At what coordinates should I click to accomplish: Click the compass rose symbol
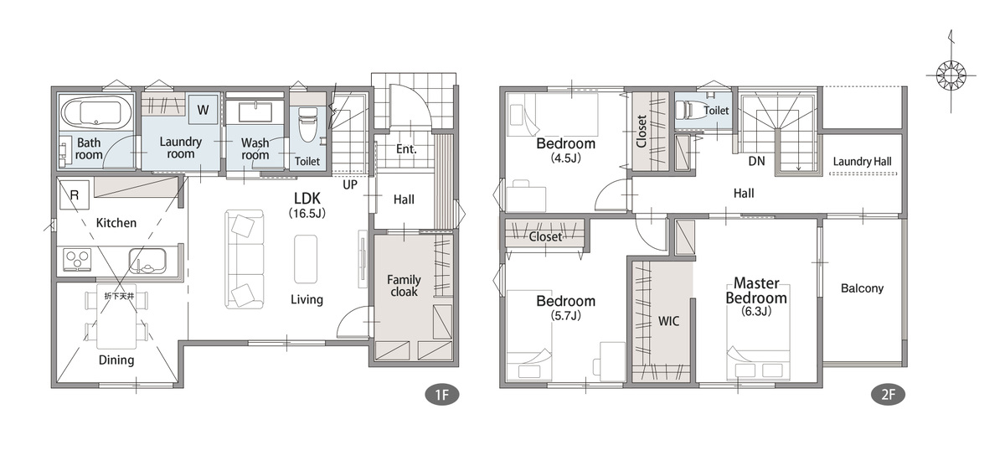951,75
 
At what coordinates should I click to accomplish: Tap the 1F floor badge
442,395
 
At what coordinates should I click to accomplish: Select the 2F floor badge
888,395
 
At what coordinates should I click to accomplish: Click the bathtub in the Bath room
96,112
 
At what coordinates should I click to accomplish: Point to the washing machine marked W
204,110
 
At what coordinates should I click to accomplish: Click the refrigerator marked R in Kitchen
75,194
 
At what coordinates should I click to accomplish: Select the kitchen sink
147,261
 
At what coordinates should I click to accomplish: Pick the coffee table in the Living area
306,258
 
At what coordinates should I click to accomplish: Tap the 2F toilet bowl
687,110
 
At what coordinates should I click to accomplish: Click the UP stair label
350,184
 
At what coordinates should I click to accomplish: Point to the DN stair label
756,161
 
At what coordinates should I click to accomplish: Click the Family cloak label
404,286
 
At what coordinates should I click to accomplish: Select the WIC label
668,321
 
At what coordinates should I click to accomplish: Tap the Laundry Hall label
862,162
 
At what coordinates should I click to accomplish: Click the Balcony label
862,288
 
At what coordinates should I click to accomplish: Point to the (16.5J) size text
307,213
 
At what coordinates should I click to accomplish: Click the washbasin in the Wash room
255,111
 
